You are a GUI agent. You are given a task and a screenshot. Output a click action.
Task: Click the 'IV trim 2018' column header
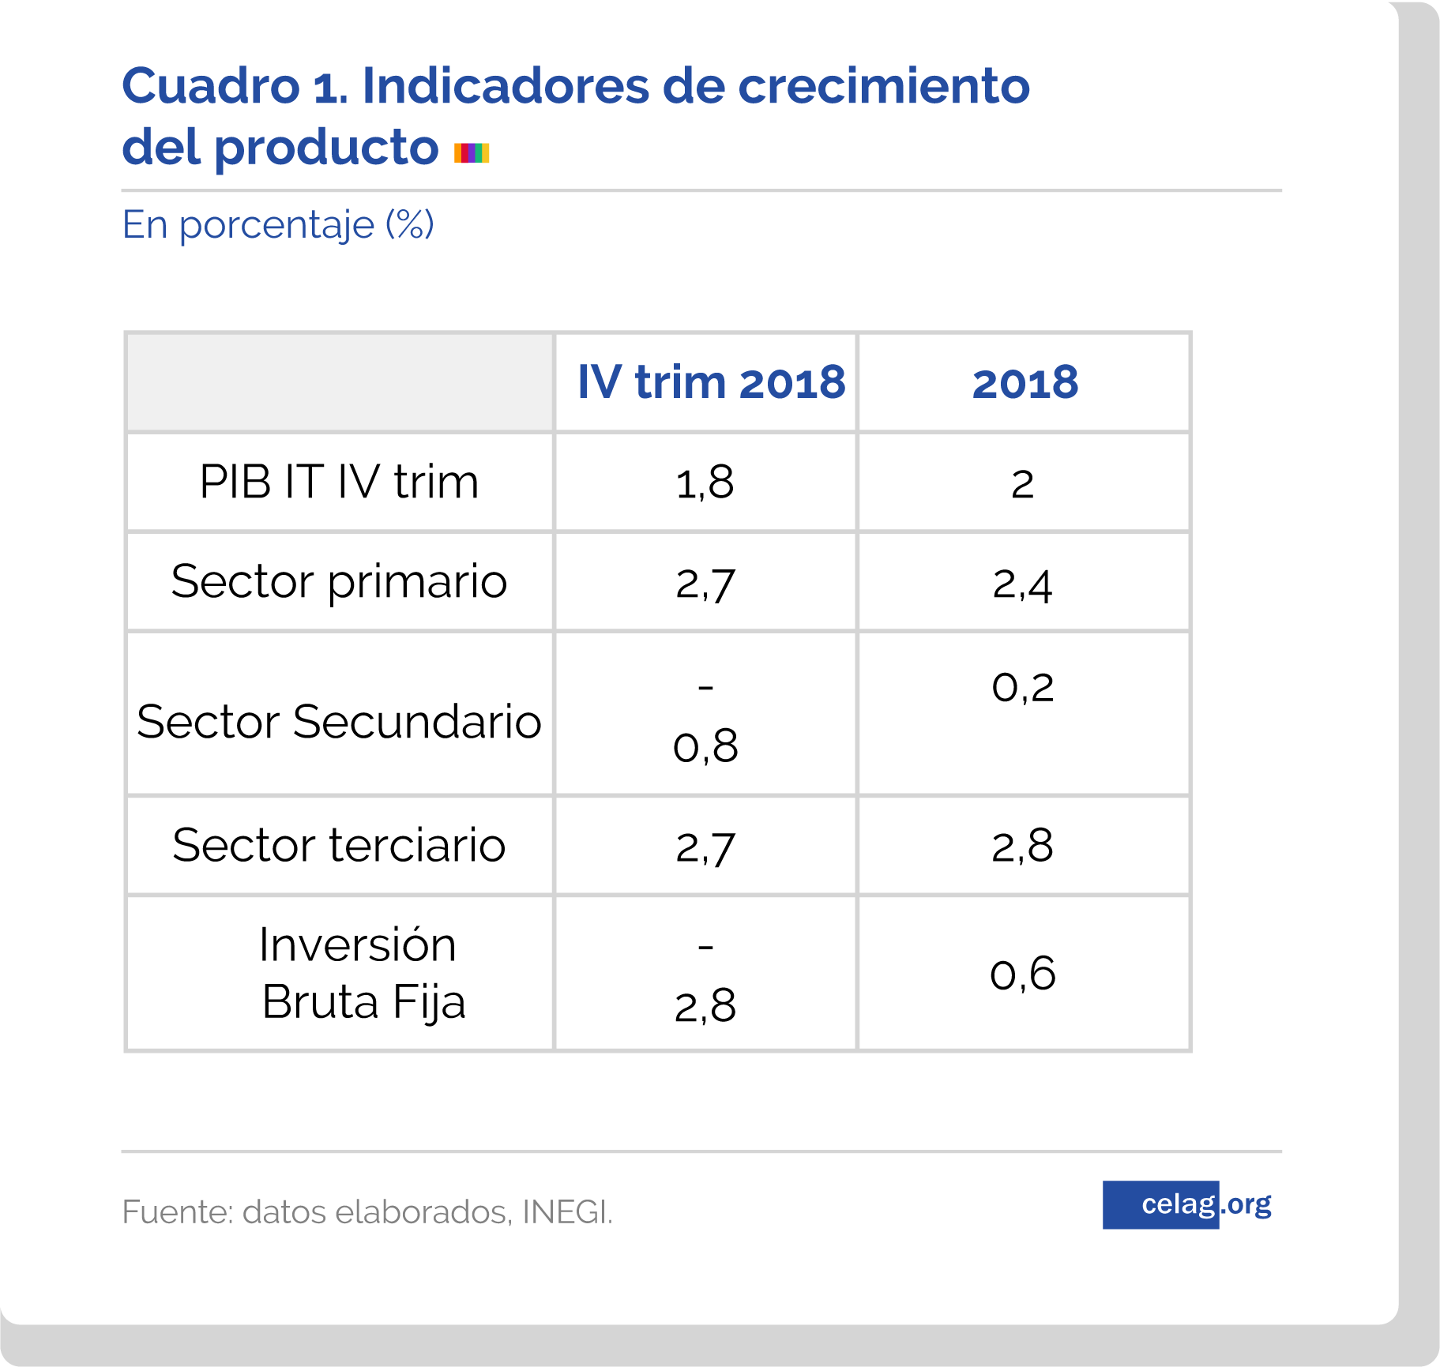coord(711,383)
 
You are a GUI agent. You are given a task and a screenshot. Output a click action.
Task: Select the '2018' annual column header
coord(1025,383)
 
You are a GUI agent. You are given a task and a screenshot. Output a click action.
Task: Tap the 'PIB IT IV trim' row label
coord(339,482)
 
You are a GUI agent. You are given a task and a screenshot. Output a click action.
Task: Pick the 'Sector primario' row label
coord(339,582)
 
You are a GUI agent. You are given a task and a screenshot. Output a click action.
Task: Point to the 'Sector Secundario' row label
coord(339,722)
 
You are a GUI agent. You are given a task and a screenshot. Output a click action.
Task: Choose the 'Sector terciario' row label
coord(339,846)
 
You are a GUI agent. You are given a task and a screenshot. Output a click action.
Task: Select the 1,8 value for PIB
coord(705,483)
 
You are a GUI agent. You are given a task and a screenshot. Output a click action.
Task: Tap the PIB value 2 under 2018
coord(1022,484)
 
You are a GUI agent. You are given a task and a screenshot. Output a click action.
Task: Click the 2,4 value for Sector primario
coord(1022,584)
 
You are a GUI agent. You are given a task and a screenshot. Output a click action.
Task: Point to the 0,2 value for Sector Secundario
coord(1022,687)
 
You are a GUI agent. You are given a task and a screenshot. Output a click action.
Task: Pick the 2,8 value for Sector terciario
coord(1022,847)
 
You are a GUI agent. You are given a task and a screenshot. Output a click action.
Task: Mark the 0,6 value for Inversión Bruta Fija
coord(1022,974)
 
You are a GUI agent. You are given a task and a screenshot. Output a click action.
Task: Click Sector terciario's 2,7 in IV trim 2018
coord(705,847)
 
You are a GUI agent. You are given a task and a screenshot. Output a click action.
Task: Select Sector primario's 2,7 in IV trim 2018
coord(705,584)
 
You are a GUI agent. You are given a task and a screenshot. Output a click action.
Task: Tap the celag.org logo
coord(1187,1204)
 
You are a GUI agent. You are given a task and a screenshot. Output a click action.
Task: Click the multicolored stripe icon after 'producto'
coord(472,152)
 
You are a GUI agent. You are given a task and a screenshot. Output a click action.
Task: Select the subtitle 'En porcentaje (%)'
coord(278,225)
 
